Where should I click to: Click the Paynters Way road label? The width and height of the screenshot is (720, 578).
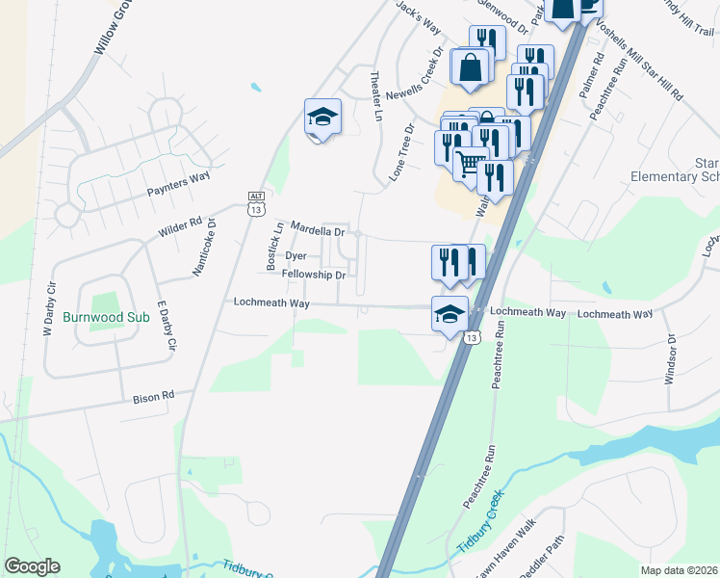(x=178, y=178)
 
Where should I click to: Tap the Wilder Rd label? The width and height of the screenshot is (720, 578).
(x=181, y=226)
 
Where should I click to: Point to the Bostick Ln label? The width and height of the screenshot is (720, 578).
(x=274, y=246)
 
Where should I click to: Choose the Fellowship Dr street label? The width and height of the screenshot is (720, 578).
(x=313, y=275)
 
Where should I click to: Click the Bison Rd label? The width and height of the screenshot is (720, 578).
(x=154, y=395)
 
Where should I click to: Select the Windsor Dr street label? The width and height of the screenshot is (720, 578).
(x=672, y=359)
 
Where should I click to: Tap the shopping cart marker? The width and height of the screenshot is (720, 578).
(x=469, y=166)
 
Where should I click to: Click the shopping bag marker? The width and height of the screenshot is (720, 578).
(x=471, y=67)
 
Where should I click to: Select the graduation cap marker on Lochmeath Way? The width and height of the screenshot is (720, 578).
(x=450, y=314)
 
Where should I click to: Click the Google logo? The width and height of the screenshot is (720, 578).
(x=32, y=566)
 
